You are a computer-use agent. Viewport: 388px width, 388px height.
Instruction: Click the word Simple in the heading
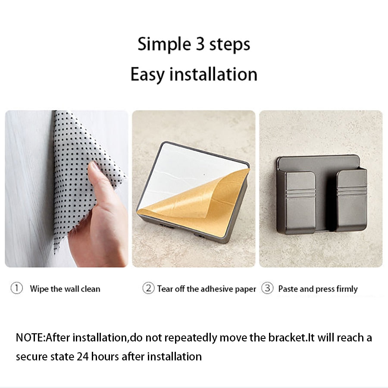click(164, 44)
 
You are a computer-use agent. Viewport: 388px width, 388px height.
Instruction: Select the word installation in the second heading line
click(213, 74)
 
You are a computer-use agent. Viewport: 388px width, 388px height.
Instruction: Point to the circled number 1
click(16, 288)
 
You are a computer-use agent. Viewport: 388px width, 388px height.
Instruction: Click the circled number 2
click(148, 288)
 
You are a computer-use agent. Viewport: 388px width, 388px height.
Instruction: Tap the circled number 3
click(267, 288)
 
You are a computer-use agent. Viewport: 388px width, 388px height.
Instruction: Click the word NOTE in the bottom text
click(29, 338)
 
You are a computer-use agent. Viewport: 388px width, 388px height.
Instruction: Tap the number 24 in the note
click(83, 357)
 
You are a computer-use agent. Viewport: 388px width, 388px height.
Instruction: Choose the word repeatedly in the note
click(191, 338)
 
